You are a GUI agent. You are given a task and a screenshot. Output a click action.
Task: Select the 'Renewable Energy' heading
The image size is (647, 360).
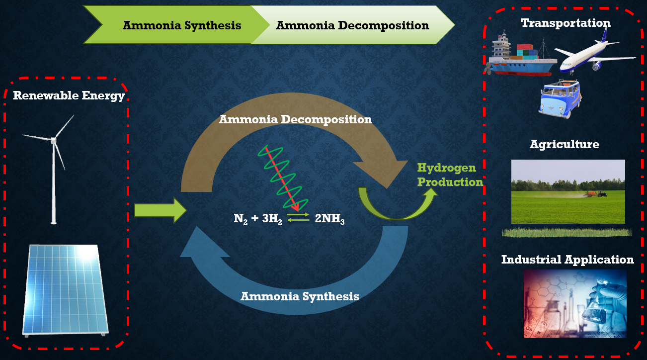tap(69, 95)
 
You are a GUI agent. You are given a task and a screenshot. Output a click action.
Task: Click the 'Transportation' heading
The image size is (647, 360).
tap(566, 23)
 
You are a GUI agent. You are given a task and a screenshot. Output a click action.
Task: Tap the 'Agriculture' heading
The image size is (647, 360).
tap(564, 144)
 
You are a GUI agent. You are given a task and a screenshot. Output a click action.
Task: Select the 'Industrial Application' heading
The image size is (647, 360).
tap(567, 260)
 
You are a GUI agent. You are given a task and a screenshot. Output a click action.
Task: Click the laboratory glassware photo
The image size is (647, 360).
tap(575, 303)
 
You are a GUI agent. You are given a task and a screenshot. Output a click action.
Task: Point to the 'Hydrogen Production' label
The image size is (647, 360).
tap(450, 175)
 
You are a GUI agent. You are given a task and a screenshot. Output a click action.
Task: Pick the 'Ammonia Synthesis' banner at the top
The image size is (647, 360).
tap(182, 25)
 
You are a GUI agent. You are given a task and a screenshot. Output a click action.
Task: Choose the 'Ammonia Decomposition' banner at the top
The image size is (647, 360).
tap(352, 25)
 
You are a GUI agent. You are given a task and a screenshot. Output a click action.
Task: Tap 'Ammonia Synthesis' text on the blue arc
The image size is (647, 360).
tap(300, 296)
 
